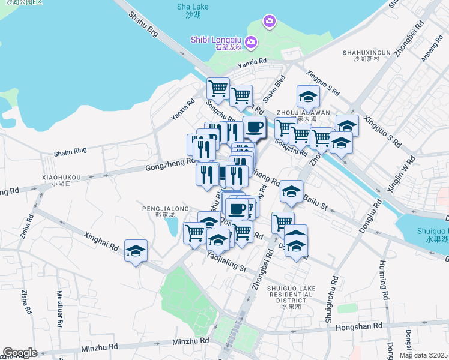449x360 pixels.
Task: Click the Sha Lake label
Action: pos(191,10)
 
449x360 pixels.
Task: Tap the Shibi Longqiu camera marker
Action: pos(251,42)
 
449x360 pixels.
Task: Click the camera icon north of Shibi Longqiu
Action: pos(270,22)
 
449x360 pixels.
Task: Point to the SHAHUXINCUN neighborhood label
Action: pos(367,55)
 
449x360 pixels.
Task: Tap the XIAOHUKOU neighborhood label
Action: pos(61,180)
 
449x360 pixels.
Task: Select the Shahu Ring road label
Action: pos(70,152)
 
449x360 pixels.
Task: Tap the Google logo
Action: pos(20,353)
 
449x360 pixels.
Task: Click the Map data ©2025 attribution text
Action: pos(424,355)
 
